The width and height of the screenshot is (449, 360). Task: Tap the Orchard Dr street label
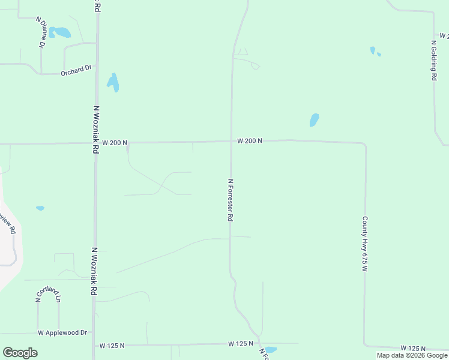pyautogui.click(x=76, y=71)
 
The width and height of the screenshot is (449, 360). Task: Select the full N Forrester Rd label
pyautogui.click(x=230, y=200)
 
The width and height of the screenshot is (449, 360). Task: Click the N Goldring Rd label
pyautogui.click(x=433, y=60)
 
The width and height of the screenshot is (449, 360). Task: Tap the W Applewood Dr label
pyautogui.click(x=62, y=332)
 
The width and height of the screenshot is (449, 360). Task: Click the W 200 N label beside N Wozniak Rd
pyautogui.click(x=115, y=143)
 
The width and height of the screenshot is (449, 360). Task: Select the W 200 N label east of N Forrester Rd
pyautogui.click(x=250, y=141)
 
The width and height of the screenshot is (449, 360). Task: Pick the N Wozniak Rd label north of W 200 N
pyautogui.click(x=95, y=130)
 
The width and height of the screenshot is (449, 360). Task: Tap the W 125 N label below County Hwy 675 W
pyautogui.click(x=414, y=349)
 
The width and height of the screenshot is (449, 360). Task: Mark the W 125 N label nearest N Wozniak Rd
pyautogui.click(x=112, y=346)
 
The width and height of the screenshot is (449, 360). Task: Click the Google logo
pyautogui.click(x=20, y=353)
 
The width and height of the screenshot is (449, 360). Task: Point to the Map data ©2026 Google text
pyautogui.click(x=412, y=355)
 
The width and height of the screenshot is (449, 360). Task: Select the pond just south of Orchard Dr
pyautogui.click(x=113, y=82)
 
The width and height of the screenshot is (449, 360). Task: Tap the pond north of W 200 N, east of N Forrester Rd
pyautogui.click(x=314, y=120)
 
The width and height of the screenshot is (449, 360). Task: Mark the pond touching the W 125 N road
pyautogui.click(x=271, y=349)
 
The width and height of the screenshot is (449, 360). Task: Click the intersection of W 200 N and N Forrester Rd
pyautogui.click(x=232, y=142)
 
